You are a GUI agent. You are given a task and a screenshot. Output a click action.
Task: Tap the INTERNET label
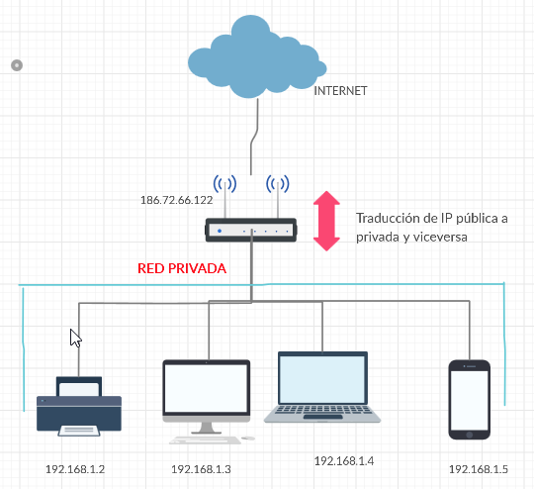[340, 91]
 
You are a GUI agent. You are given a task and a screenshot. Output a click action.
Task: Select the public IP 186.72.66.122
[176, 200]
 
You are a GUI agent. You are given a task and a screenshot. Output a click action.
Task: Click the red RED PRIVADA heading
[182, 268]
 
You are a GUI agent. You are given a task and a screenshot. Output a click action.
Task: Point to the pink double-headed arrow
[326, 221]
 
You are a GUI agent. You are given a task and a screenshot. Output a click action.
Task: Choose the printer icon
[79, 407]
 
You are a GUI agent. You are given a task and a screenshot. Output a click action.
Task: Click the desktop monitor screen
[206, 388]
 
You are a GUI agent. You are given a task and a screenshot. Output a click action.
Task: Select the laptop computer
[322, 387]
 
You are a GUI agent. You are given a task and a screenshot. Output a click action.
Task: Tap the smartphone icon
[470, 400]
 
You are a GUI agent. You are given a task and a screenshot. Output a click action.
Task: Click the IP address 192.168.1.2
[75, 469]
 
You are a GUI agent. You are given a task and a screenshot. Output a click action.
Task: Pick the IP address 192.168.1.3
[201, 469]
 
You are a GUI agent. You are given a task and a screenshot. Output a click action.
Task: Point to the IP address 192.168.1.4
[344, 461]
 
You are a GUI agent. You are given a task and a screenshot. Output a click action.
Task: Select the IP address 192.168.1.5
[479, 469]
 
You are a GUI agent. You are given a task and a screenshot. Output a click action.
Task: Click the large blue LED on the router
[220, 231]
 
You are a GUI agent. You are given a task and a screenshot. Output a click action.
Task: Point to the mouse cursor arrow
[75, 338]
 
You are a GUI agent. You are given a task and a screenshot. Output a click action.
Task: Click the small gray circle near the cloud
[17, 65]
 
